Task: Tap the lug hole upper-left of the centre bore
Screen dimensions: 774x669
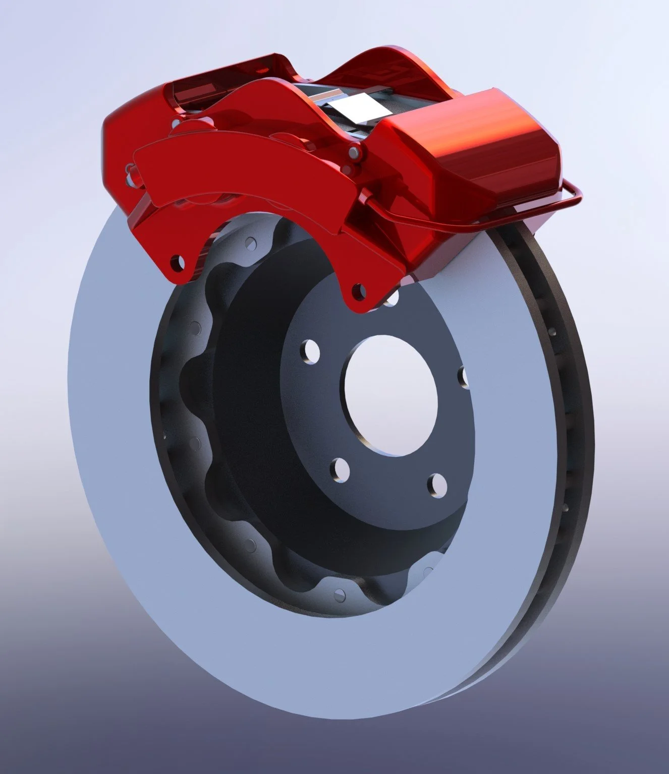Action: point(311,351)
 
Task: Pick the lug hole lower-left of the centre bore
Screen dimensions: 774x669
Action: point(341,469)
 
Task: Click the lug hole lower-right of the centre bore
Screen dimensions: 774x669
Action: point(437,485)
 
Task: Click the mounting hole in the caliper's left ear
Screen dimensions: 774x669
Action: point(176,262)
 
